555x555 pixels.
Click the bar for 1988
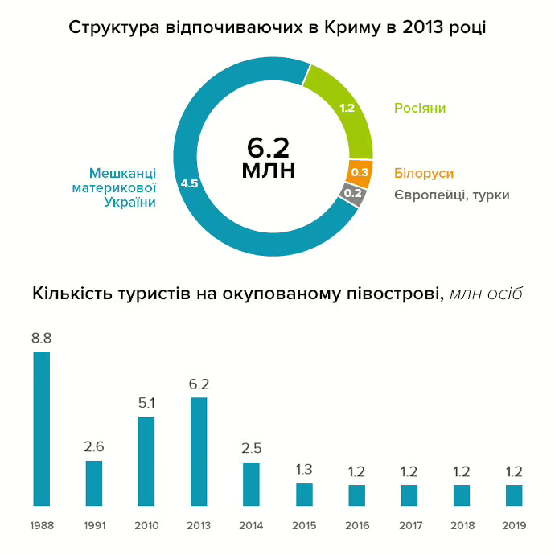pos(42,429)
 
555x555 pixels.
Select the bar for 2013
pos(199,451)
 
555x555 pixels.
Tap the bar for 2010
pos(146,461)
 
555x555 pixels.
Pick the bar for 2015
pos(303,494)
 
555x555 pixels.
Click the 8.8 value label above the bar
pos(42,339)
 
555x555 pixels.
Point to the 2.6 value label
pos(94,447)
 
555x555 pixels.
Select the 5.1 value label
pos(146,403)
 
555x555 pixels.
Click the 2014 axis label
pos(251,526)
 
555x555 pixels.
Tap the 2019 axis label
pos(513,526)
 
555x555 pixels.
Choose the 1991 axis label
pos(94,526)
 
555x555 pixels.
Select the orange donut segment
pos(360,173)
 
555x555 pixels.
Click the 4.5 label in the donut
pos(190,183)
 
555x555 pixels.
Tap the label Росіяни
pos(419,108)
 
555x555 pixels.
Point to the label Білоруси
pos(424,173)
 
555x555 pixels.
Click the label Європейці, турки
pos(451,195)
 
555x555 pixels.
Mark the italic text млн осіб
pos(487,293)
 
